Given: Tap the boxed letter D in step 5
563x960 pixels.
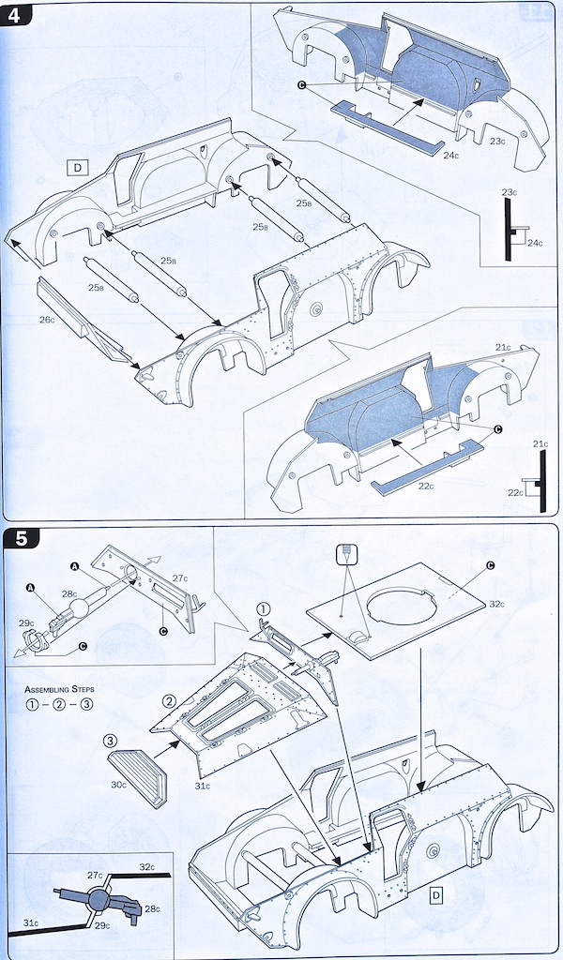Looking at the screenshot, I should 435,895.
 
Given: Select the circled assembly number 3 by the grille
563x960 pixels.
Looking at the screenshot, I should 111,742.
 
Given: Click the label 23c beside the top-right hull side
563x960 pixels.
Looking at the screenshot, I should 496,142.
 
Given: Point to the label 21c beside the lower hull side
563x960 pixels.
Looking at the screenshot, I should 503,348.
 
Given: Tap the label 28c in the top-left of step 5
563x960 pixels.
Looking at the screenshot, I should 69,593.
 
